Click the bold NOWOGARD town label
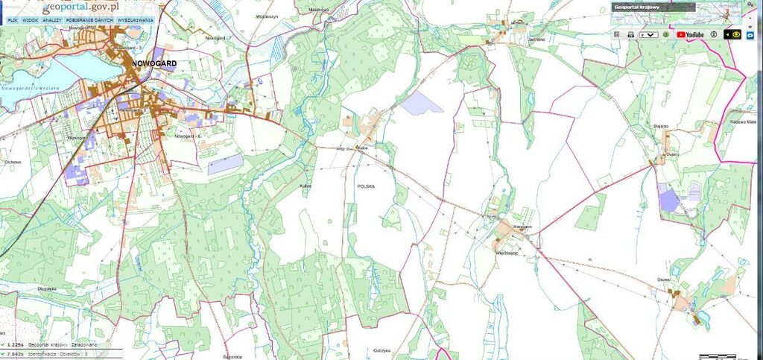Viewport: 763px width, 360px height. pyautogui.click(x=153, y=64)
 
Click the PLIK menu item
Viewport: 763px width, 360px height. pyautogui.click(x=13, y=20)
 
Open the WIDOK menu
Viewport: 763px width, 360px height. pyautogui.click(x=31, y=20)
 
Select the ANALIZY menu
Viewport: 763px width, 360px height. pyautogui.click(x=51, y=20)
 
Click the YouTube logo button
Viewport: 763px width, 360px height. pyautogui.click(x=691, y=34)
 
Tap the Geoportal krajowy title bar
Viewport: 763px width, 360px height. pyautogui.click(x=653, y=7)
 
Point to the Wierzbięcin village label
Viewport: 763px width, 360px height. pyautogui.click(x=507, y=253)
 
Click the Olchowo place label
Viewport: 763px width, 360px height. pyautogui.click(x=12, y=161)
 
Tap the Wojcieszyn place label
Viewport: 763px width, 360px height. pyautogui.click(x=267, y=14)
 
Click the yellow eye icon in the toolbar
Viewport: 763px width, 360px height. pyautogui.click(x=736, y=34)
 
